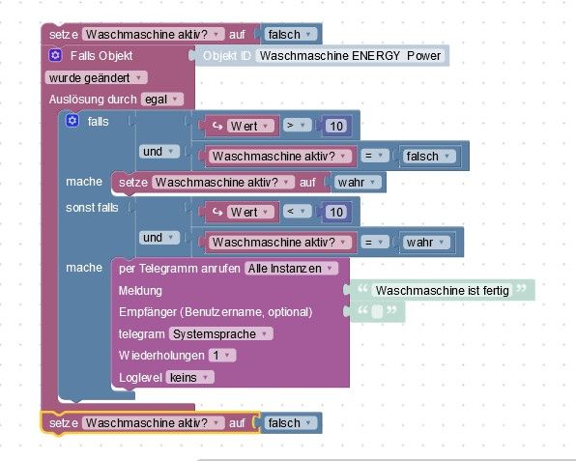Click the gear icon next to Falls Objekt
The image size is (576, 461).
coord(55,55)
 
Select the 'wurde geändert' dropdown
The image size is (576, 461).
coord(96,78)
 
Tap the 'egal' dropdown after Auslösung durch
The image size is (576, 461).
coord(162,100)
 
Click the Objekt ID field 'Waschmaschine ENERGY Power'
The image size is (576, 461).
coord(350,56)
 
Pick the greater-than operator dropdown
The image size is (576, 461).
coord(297,126)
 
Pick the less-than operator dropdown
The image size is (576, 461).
coord(297,212)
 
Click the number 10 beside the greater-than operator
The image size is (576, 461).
coord(336,127)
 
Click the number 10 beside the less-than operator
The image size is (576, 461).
coord(336,213)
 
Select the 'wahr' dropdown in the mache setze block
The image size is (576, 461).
coord(357,183)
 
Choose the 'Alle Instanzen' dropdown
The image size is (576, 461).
coord(291,269)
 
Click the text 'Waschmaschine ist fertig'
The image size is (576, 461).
coord(443,291)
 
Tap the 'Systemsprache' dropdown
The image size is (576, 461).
coord(220,333)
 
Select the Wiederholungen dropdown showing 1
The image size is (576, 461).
coord(222,356)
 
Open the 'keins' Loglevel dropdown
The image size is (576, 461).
coord(190,377)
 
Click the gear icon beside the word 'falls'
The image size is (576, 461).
coord(72,121)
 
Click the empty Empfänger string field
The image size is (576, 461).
coord(377,311)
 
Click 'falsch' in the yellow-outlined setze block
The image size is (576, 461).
coord(290,422)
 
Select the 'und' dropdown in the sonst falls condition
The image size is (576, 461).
coord(159,238)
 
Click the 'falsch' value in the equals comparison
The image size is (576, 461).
coord(428,157)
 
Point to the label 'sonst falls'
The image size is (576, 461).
coord(92,208)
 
